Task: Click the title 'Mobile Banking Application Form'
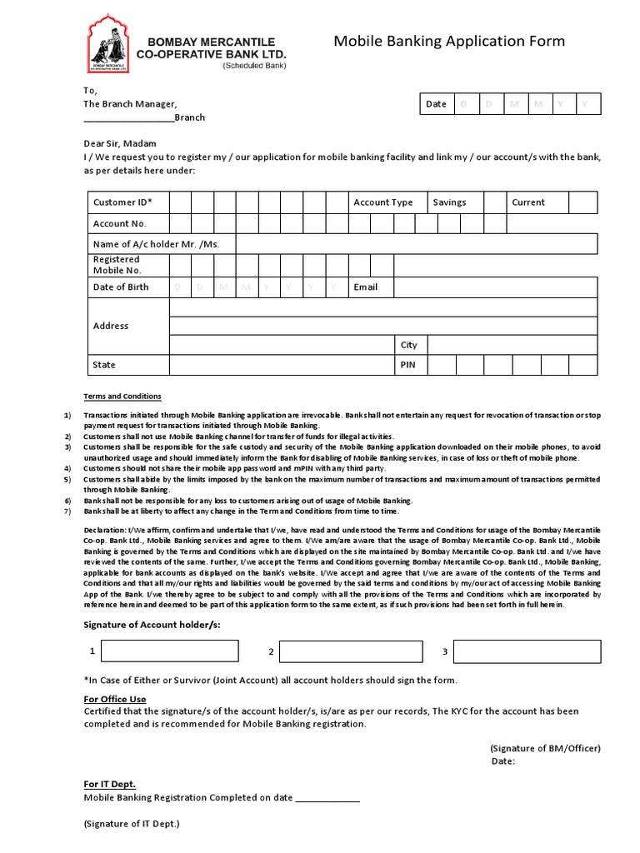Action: (x=449, y=42)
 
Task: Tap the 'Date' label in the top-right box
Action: (x=436, y=104)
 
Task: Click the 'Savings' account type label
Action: (x=449, y=202)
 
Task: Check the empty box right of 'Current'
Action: (x=583, y=202)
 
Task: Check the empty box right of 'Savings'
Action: (x=495, y=202)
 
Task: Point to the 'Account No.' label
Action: (x=119, y=223)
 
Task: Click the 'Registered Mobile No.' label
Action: (x=117, y=265)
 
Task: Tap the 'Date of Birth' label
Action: (x=121, y=287)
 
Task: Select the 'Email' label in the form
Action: (x=365, y=287)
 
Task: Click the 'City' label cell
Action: (x=408, y=345)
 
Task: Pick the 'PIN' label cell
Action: (x=407, y=365)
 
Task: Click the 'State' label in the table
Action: (x=104, y=365)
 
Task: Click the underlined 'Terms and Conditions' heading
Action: (x=122, y=397)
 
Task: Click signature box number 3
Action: (x=527, y=651)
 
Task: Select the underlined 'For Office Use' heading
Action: (x=115, y=699)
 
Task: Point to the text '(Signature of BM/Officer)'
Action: (x=545, y=748)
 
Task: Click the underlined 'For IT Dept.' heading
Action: (x=109, y=784)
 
